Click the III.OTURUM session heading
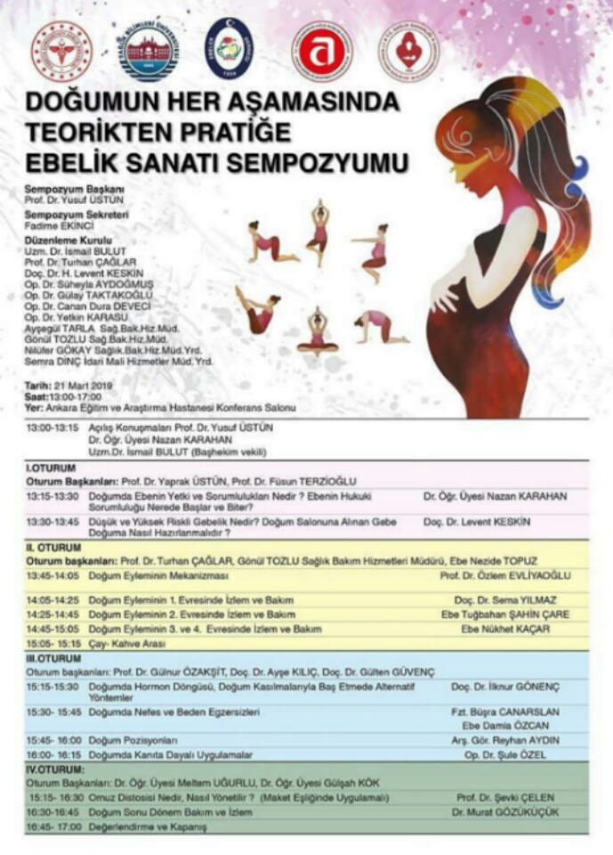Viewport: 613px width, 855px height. pyautogui.click(x=53, y=658)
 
